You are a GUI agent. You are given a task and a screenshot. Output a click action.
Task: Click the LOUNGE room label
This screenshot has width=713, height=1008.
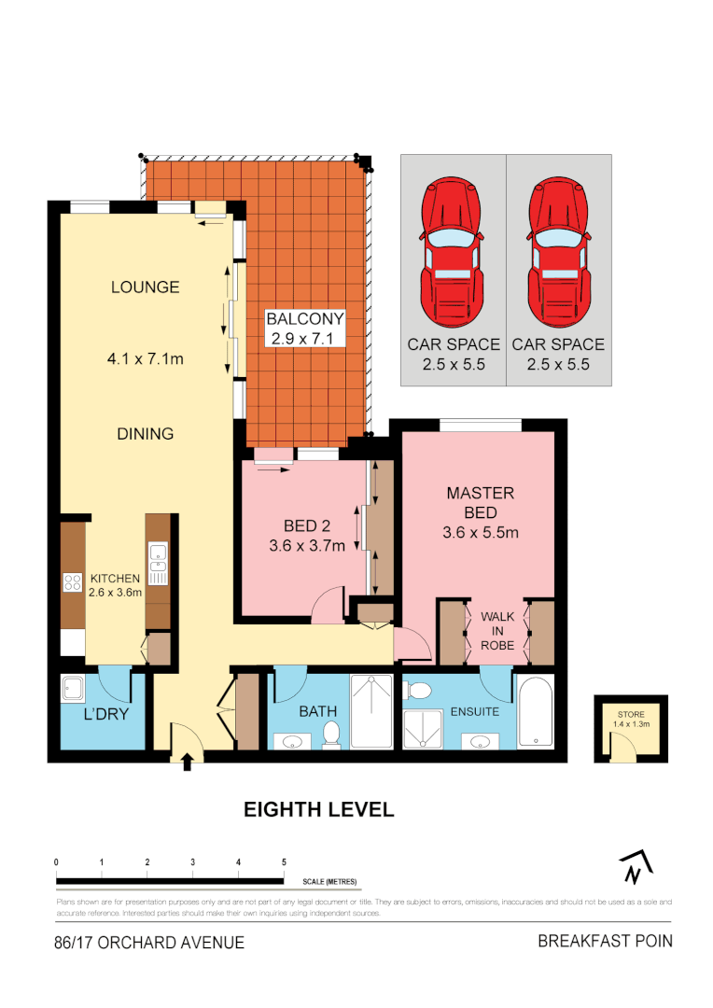[x=145, y=287]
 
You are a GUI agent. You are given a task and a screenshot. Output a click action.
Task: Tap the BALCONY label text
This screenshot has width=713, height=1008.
[x=306, y=317]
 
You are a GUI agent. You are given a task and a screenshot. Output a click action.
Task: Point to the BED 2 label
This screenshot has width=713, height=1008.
[x=307, y=524]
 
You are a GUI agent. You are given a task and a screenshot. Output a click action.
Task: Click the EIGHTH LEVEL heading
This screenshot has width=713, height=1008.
[x=319, y=809]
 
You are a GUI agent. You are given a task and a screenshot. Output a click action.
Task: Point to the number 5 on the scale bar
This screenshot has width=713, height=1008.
[x=284, y=861]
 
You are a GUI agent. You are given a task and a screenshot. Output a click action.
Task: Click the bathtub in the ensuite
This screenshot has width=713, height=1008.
[x=536, y=715]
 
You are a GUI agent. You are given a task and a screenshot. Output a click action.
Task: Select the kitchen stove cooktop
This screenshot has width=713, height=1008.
[x=73, y=583]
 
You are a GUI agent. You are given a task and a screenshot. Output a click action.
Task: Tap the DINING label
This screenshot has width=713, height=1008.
[x=146, y=433]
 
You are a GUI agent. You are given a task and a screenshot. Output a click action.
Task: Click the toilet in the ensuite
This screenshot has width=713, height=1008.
[x=419, y=692]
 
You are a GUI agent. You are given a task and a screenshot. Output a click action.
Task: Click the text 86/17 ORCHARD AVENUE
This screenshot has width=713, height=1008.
[x=149, y=943]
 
